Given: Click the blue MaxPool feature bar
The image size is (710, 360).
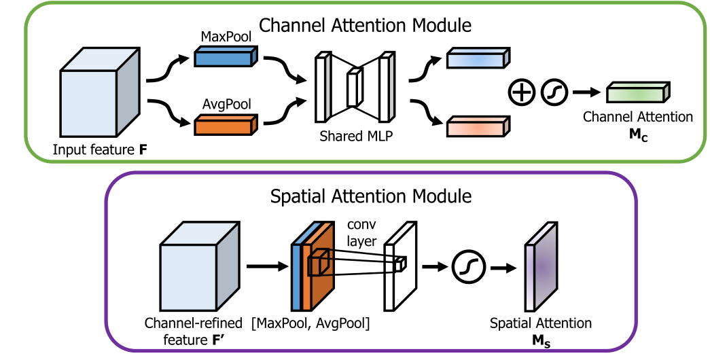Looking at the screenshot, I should (224, 57).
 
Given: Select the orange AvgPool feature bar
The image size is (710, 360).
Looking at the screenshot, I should (224, 124).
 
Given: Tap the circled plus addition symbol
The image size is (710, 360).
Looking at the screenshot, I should (520, 92).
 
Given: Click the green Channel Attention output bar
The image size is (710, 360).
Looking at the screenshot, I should (638, 93).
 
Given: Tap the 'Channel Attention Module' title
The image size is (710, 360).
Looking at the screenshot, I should (366, 26).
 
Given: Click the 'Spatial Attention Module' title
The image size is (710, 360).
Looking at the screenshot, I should (370, 197).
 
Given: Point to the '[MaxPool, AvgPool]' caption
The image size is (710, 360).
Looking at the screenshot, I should (310, 323).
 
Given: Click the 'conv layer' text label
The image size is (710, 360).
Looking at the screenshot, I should (362, 232).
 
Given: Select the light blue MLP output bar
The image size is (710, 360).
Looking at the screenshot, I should (478, 58).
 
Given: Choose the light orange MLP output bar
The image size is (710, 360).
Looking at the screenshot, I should (478, 126).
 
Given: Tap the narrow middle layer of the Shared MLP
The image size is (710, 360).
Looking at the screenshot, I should (352, 88).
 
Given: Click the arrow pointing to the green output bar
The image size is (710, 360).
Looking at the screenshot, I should (586, 92).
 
